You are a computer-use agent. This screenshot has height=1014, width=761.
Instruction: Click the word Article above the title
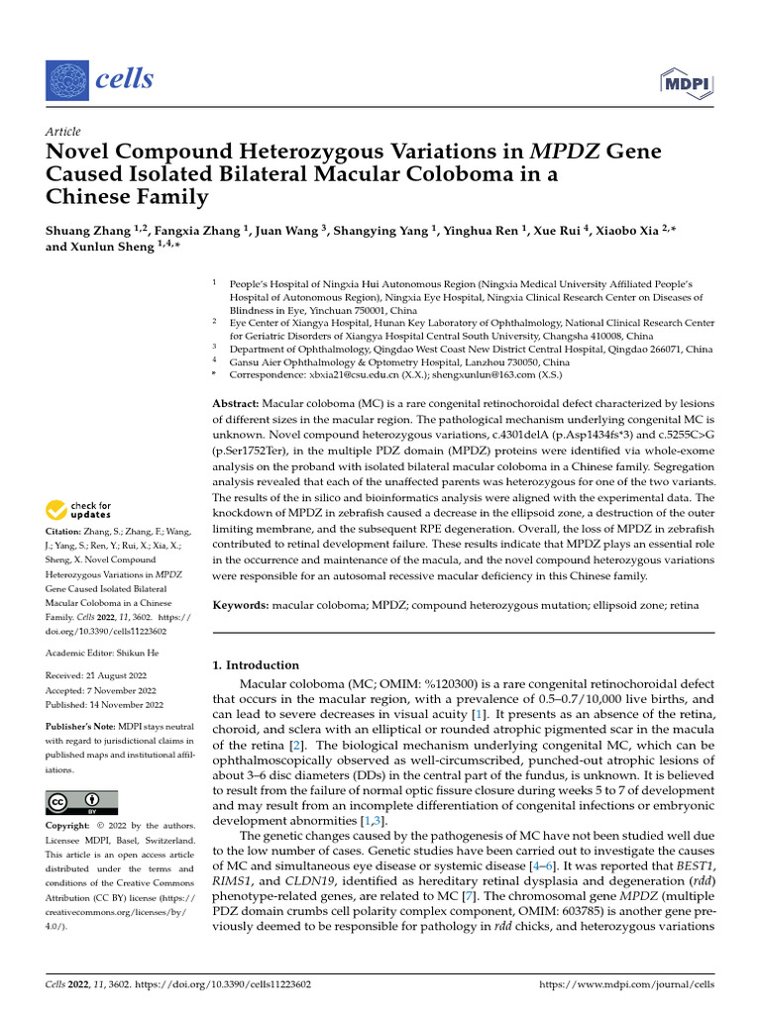pos(63,132)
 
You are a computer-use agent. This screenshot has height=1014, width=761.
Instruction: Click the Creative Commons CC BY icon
pos(81,802)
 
